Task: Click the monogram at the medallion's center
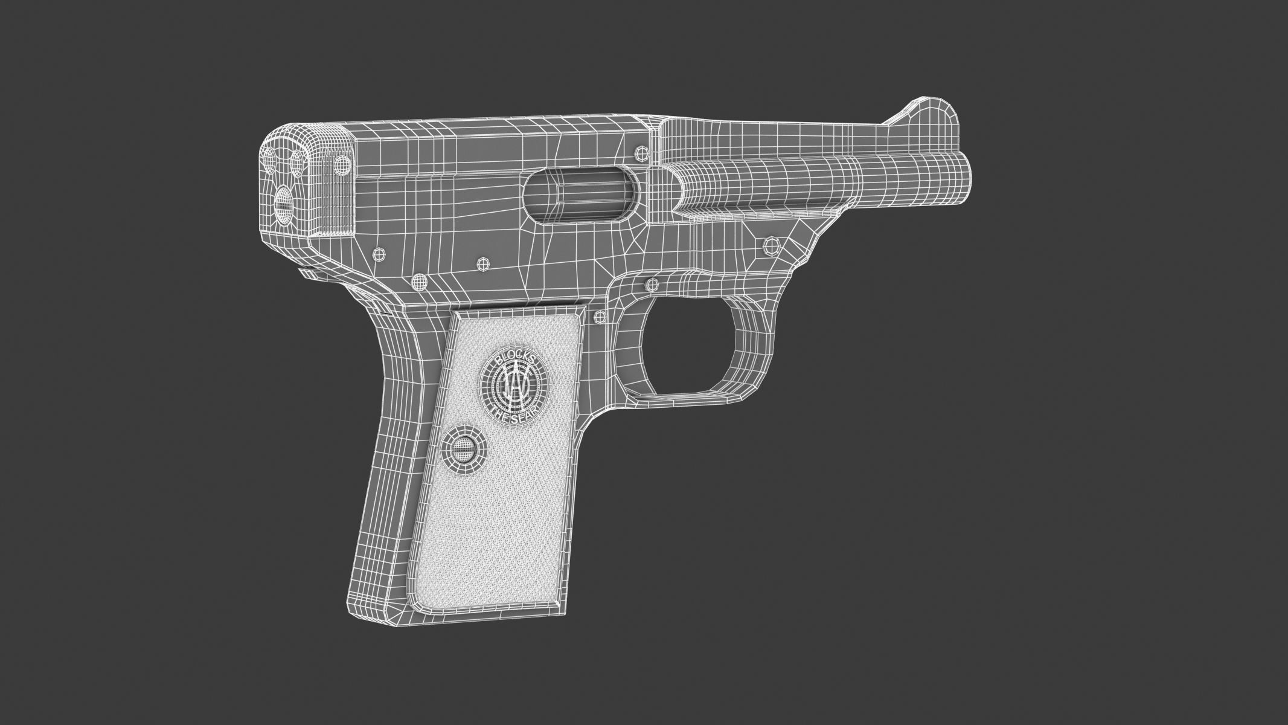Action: pos(513,387)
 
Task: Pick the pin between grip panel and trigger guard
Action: pos(601,315)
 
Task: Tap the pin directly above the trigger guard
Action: pos(651,283)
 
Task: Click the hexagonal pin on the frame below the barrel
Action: pos(771,245)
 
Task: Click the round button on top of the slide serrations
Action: pos(342,164)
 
